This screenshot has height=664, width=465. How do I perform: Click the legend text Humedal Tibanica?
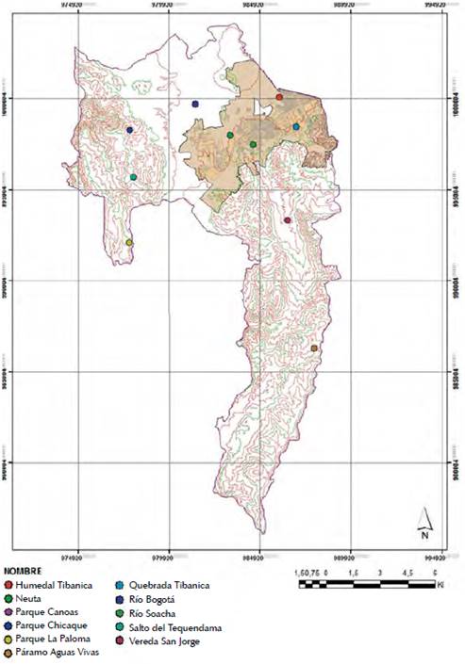54,585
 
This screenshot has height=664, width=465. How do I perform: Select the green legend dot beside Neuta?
8,597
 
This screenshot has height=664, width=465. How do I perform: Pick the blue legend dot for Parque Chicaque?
8,622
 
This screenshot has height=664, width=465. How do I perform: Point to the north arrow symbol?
425,520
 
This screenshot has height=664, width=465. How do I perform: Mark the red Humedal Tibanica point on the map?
279,97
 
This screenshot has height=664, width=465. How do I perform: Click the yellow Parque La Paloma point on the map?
129,243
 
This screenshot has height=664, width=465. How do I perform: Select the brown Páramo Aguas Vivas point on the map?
314,348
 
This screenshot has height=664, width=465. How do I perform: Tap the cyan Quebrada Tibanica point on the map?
296,126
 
